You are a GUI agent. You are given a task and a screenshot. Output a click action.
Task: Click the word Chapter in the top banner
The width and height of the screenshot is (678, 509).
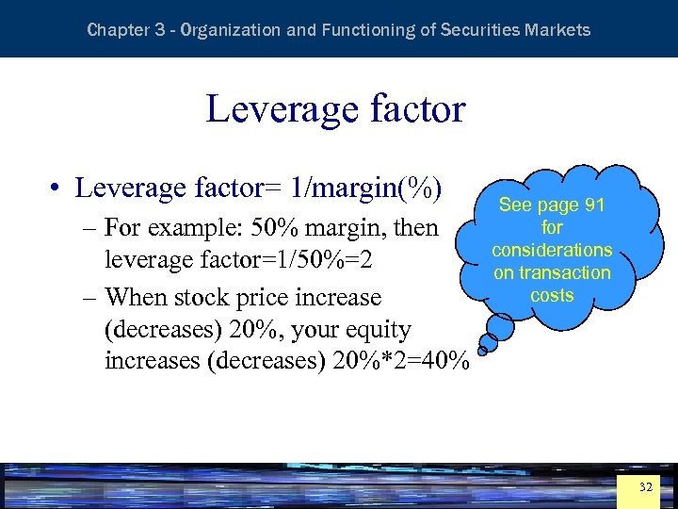118,30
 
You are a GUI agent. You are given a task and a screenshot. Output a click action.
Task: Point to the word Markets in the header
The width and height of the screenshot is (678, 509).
561,30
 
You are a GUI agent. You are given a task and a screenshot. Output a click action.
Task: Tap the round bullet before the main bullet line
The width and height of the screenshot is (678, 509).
57,189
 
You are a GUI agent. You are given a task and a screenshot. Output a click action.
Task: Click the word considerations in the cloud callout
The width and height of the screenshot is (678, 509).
552,250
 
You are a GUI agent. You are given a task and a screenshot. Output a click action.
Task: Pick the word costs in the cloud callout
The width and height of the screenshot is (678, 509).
552,295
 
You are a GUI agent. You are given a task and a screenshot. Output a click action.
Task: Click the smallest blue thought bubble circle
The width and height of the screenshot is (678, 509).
480,351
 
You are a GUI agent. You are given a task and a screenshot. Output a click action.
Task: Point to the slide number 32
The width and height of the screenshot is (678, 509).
645,487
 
